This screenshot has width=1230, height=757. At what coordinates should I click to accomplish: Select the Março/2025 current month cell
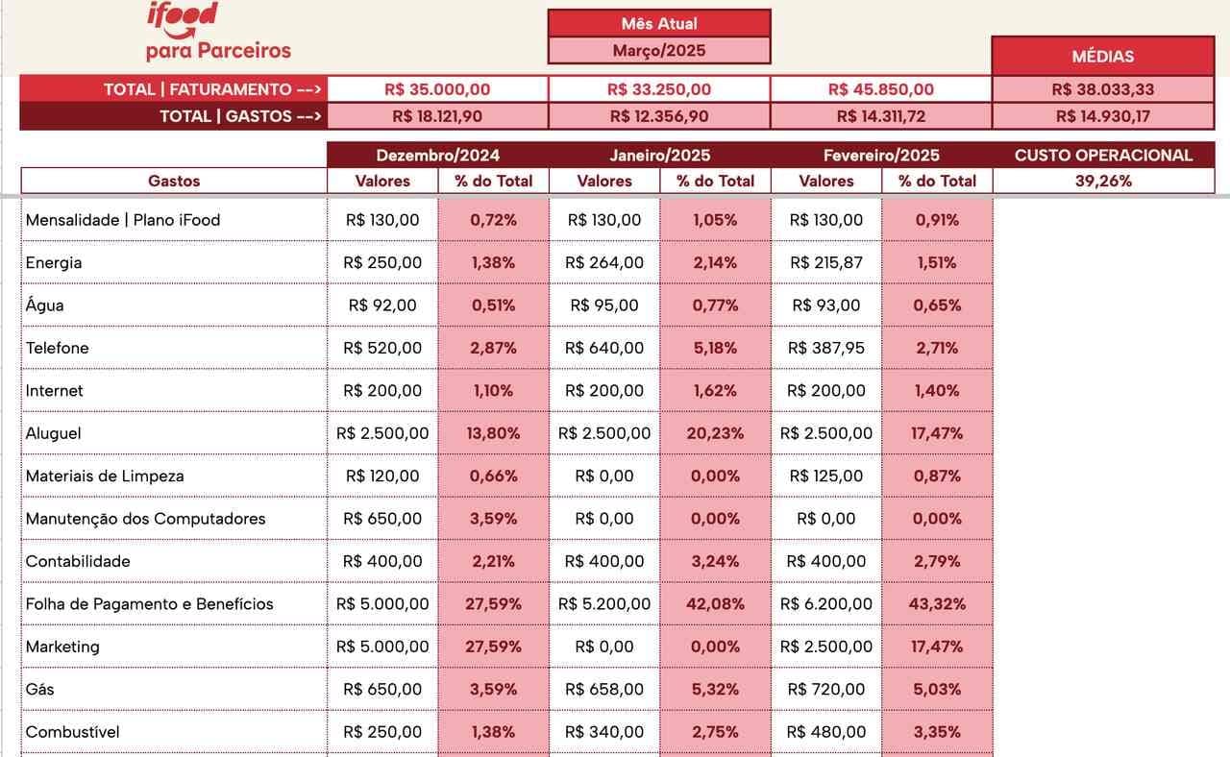pos(658,51)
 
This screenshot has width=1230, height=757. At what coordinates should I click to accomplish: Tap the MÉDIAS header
pos(1102,57)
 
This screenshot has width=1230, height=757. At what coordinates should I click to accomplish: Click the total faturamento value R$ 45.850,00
pos(880,89)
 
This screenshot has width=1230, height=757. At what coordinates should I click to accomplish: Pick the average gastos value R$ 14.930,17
pos(1103,116)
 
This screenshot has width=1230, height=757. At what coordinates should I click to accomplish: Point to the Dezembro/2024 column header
pos(437,155)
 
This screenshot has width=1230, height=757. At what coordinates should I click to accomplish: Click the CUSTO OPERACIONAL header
pos(1103,155)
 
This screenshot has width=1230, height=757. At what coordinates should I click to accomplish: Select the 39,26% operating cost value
pos(1103,181)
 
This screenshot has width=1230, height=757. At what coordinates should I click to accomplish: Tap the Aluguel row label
pos(54,433)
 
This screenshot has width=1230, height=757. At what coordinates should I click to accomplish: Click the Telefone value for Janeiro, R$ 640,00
pos(604,348)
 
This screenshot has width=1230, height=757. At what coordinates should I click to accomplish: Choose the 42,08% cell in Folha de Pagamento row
pos(715,604)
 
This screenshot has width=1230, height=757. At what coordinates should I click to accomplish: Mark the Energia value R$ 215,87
pos(825,262)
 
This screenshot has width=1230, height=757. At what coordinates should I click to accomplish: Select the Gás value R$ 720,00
pos(825,689)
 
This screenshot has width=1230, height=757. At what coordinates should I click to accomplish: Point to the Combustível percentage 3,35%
pos(936,732)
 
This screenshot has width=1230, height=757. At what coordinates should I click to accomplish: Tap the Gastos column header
pos(174,181)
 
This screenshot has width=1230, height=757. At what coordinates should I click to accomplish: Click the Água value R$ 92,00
pos(382,305)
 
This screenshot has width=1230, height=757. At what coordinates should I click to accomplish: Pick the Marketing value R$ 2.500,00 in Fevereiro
pos(825,647)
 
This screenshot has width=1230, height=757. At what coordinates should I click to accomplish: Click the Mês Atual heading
pos(658,23)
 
